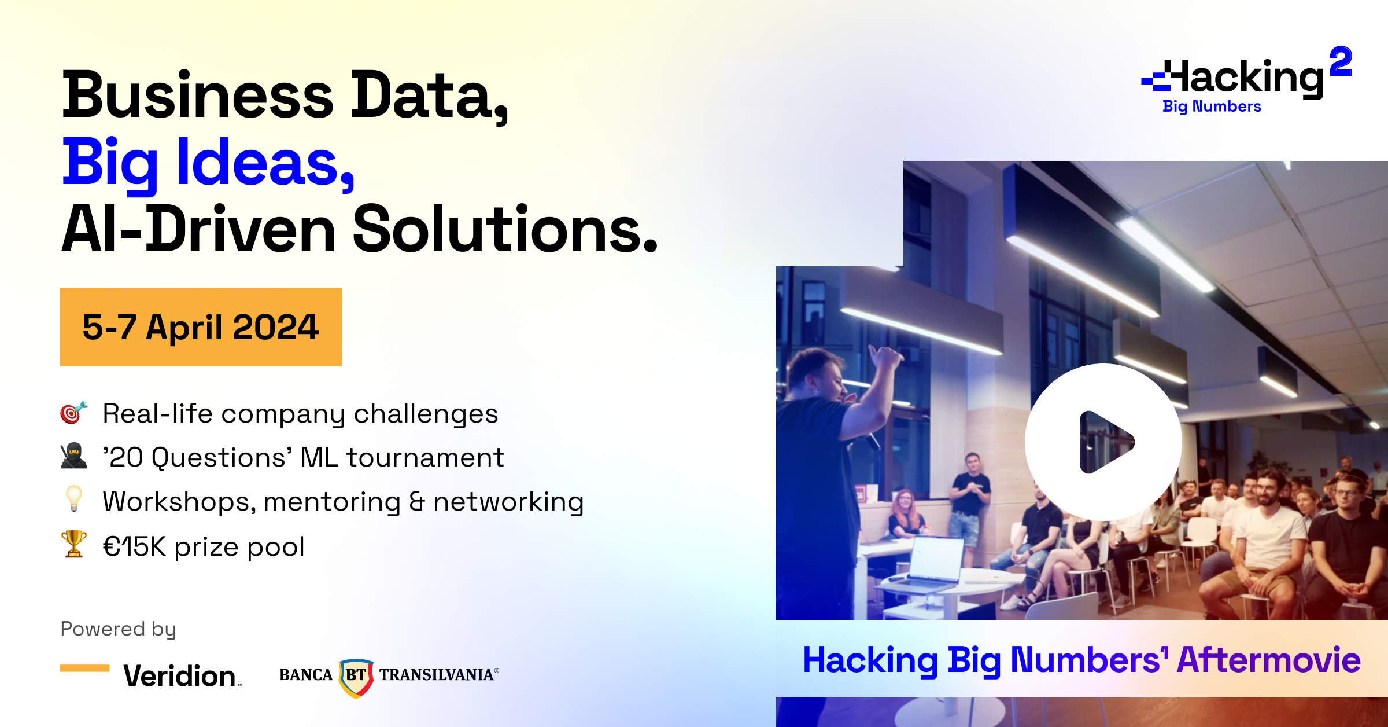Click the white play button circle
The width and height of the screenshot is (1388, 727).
point(1103,442)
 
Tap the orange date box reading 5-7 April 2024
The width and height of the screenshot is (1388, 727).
point(201,327)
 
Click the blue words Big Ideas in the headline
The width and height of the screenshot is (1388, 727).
point(208,164)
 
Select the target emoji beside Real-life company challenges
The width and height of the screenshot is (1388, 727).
point(74,413)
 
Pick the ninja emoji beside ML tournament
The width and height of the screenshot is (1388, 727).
point(74,456)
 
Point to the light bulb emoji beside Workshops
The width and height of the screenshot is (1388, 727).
point(74,499)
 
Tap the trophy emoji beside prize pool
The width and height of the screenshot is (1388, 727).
point(74,544)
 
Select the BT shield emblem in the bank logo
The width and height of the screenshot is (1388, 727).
point(356,677)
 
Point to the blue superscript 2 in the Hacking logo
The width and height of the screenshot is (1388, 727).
point(1341,61)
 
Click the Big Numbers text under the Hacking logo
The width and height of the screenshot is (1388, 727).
point(1212,107)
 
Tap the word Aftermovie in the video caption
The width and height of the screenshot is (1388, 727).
point(1268,660)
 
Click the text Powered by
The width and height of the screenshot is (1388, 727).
point(119,629)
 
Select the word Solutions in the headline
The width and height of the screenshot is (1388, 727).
point(505,230)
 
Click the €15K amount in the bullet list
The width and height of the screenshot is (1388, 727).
point(135,546)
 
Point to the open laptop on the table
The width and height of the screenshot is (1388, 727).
point(936,560)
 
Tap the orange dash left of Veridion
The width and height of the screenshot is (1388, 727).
point(85,668)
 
